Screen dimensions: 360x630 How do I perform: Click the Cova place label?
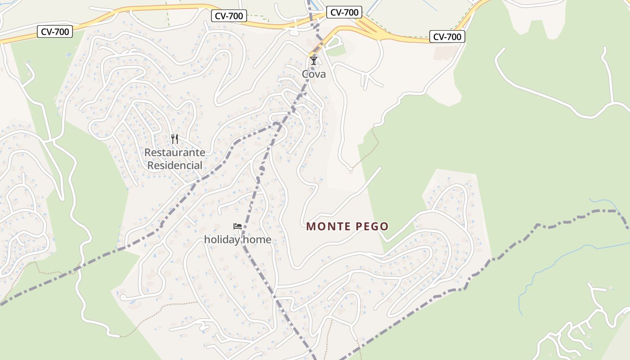pos(314,74)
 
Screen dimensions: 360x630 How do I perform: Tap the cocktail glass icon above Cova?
pos(314,60)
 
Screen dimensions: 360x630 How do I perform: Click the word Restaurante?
pos(175,153)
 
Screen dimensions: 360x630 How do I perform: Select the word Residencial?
pos(175,166)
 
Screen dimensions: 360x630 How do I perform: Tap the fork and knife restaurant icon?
pos(175,139)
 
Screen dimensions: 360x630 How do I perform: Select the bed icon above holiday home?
pos(238,226)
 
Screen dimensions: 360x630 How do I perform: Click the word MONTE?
pos(328,226)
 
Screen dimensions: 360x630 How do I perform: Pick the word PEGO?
pos(372,226)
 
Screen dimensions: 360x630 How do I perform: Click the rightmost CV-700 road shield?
pos(447,37)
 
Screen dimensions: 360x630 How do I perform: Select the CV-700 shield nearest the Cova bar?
pos(344,13)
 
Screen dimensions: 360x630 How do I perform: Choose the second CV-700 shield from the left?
pos(229,16)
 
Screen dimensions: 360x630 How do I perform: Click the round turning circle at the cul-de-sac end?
pos(123,297)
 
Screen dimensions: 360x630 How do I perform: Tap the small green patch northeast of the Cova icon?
pos(335,50)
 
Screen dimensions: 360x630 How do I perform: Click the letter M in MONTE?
pos(310,226)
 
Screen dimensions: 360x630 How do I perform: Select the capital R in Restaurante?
pos(148,153)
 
